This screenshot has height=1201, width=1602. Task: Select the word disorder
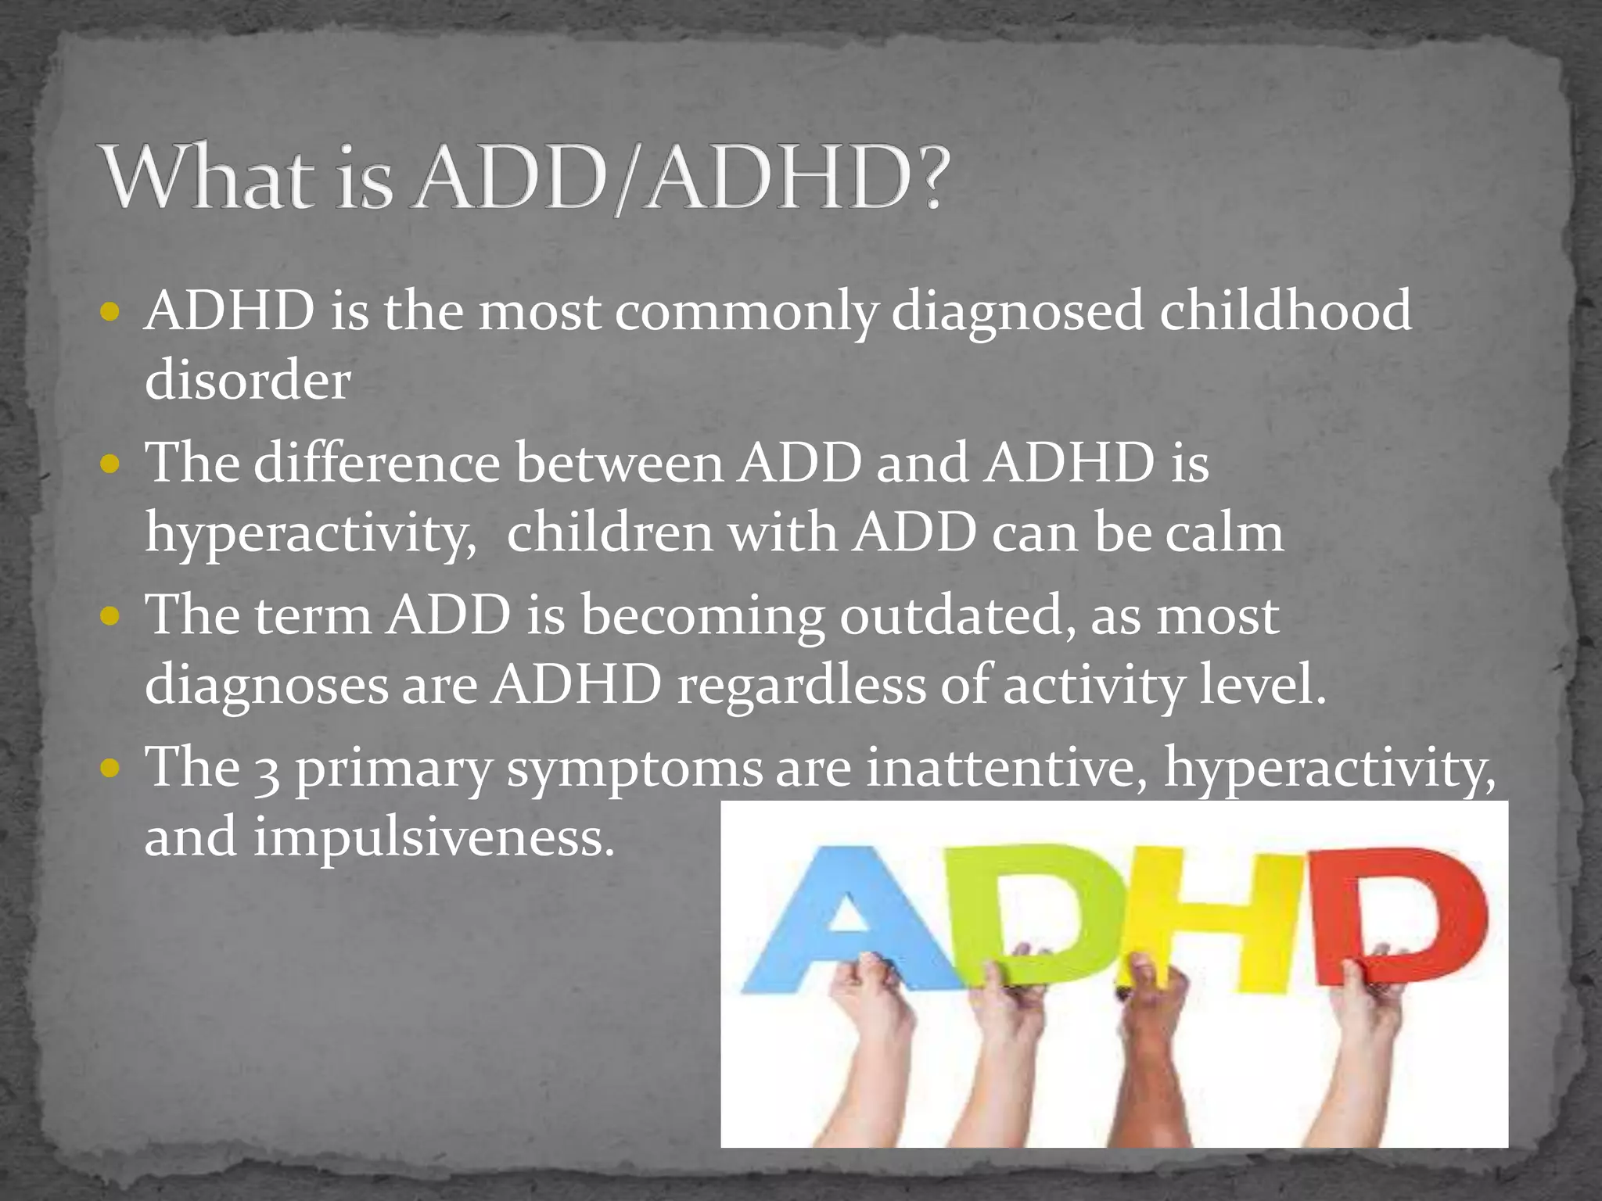(247, 381)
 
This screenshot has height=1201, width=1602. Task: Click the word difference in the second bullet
(376, 463)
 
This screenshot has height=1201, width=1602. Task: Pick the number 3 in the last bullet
(267, 770)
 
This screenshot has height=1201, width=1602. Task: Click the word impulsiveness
(433, 837)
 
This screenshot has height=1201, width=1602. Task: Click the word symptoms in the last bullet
(634, 770)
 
